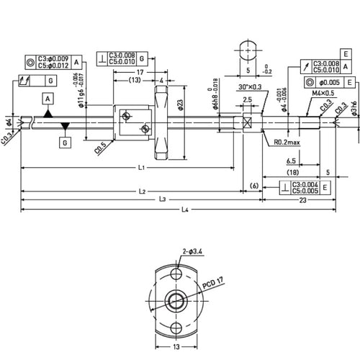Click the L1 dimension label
141,168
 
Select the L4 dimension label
186,210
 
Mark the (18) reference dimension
292,173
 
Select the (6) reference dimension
253,186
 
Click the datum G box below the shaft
66,143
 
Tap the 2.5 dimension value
247,99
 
